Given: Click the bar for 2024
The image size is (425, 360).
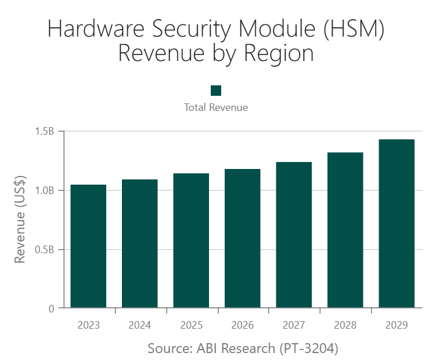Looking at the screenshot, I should click(x=139, y=243).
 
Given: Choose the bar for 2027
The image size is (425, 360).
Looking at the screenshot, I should click(x=294, y=235).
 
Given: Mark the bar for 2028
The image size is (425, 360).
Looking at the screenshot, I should click(x=345, y=230).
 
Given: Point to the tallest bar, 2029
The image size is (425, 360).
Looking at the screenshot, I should click(x=397, y=224).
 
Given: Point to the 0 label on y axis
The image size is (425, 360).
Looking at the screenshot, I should click(x=51, y=309).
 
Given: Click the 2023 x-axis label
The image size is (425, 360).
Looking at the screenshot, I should click(x=88, y=325).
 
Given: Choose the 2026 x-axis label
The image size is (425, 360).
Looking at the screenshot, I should click(x=242, y=325).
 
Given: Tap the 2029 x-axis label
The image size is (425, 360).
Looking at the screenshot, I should click(x=397, y=325).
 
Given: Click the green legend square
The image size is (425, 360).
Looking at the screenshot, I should click(x=216, y=90).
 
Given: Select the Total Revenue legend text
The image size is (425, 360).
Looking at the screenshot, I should click(x=216, y=107).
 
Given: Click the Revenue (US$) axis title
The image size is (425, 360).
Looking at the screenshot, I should click(x=20, y=220).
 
